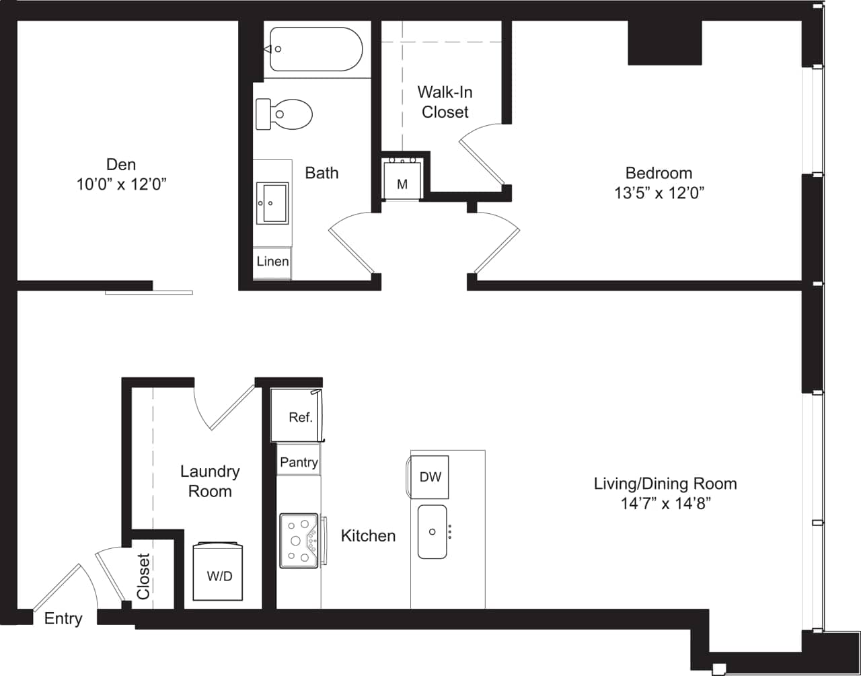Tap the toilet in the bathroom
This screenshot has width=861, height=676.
(285, 114)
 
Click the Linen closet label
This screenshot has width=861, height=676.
(272, 262)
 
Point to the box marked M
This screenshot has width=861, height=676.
(402, 183)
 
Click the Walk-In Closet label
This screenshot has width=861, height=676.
(445, 102)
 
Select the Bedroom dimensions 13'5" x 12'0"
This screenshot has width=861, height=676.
(659, 193)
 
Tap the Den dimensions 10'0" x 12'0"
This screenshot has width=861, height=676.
(121, 184)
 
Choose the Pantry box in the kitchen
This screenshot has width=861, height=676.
(299, 462)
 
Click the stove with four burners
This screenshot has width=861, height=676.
(299, 540)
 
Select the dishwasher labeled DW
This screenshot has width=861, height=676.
(430, 477)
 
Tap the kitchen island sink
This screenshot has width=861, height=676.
(432, 531)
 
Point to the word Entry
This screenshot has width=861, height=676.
(63, 619)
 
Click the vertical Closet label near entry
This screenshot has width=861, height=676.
(143, 576)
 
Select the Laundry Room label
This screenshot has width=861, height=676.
(210, 482)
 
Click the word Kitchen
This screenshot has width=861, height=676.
(368, 536)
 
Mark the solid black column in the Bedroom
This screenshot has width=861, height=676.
(664, 43)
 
